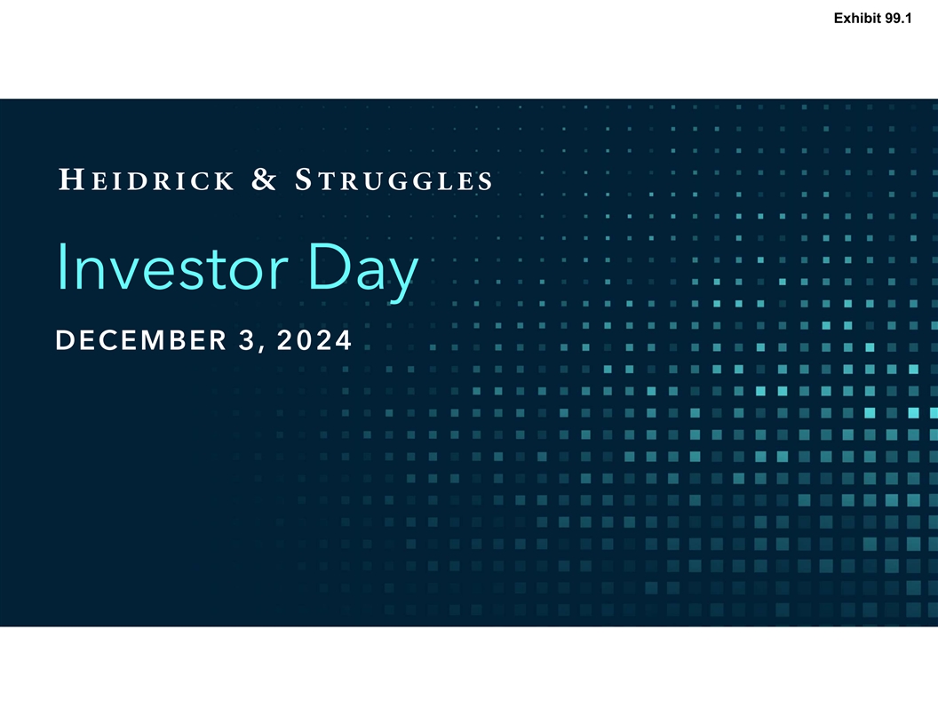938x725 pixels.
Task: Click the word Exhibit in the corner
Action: click(x=858, y=19)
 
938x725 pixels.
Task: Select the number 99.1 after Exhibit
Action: click(x=899, y=19)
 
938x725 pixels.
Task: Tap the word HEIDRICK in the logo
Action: click(x=147, y=179)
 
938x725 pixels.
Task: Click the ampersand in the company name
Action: click(x=264, y=179)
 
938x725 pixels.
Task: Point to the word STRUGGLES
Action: click(x=393, y=179)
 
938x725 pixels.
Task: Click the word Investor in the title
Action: click(x=172, y=267)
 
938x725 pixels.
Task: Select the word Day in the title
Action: click(x=363, y=272)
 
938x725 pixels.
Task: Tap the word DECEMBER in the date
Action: click(x=141, y=339)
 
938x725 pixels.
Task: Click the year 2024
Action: click(x=314, y=339)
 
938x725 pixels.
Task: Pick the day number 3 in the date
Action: click(x=246, y=339)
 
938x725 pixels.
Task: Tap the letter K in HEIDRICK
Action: click(x=223, y=181)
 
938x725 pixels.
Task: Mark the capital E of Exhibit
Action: click(x=839, y=19)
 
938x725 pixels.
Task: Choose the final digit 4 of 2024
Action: click(x=343, y=339)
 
